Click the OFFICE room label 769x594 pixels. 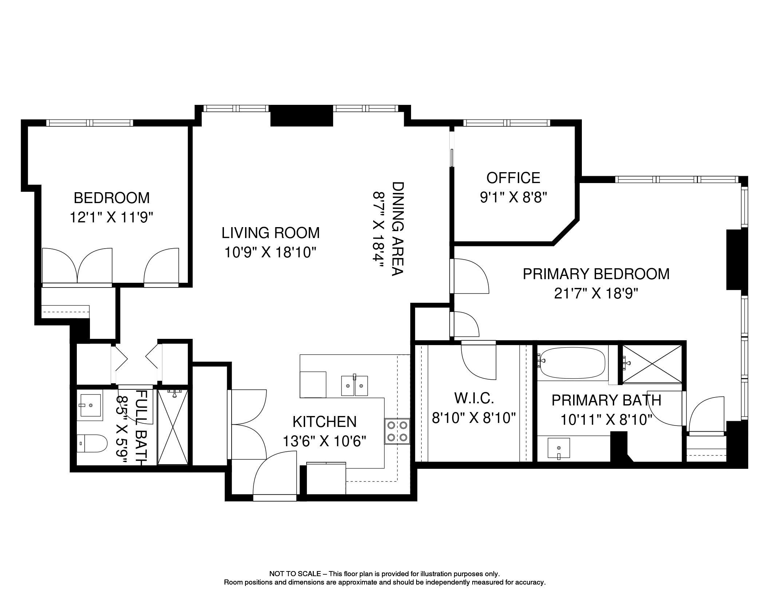coord(513,178)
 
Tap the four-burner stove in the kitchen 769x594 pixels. coord(397,431)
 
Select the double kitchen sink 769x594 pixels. coord(355,386)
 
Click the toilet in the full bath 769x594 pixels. coord(92,443)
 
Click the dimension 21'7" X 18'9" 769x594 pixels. coord(596,293)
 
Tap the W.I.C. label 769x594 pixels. coord(474,398)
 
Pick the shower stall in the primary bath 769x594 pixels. coord(652,364)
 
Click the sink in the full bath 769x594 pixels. coord(90,405)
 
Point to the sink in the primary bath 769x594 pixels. coord(559,448)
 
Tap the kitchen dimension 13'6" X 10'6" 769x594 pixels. coord(324,441)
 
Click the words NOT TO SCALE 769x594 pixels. coord(295,574)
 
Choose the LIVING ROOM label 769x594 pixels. coord(271,233)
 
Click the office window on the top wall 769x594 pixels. coord(506,123)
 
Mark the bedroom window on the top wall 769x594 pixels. coord(90,123)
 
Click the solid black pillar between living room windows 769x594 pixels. coord(301,115)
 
